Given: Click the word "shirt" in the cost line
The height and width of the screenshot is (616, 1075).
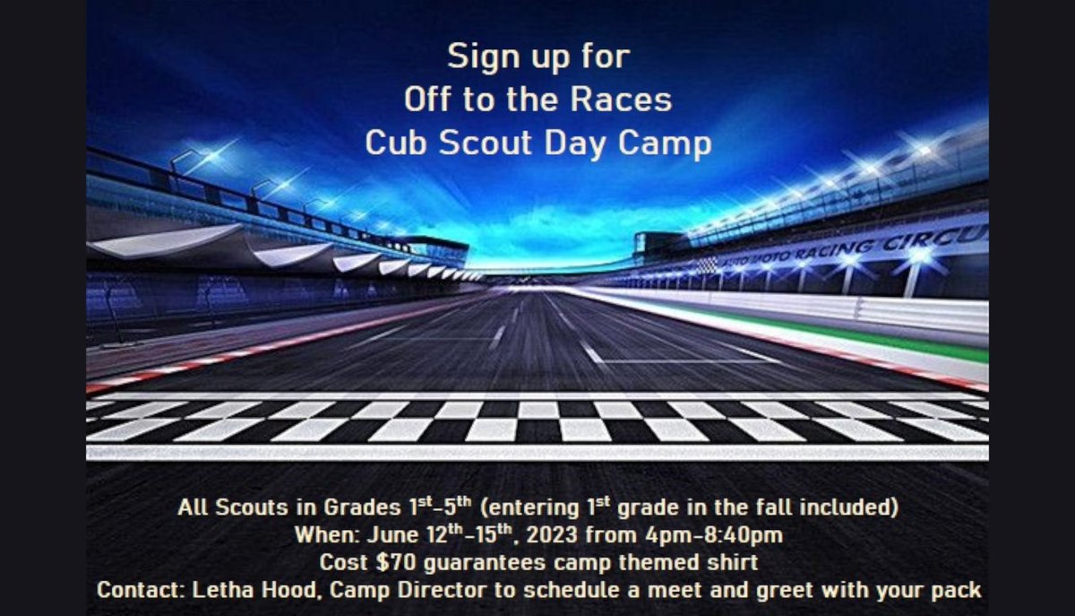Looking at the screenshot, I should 731,563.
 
